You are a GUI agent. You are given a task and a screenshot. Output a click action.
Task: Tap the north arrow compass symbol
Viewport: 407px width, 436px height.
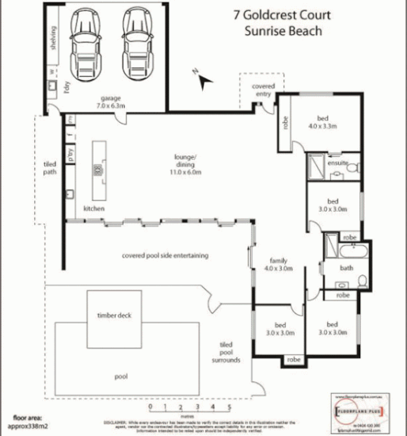(204, 78)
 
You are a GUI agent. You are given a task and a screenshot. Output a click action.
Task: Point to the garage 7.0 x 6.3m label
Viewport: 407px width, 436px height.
(110, 101)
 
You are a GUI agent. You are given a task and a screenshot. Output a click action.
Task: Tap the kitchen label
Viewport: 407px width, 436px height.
(95, 208)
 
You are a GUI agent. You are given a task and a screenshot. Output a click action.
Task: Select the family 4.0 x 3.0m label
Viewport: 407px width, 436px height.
(280, 264)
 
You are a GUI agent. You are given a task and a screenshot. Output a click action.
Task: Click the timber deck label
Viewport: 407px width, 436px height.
(114, 316)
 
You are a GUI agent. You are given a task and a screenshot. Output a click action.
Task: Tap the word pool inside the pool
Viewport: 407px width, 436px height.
(121, 377)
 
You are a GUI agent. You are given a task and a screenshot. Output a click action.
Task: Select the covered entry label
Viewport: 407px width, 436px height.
(263, 90)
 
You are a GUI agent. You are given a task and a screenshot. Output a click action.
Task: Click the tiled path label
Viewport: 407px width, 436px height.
(51, 168)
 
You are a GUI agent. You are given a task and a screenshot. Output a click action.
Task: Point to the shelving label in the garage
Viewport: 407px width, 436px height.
(53, 36)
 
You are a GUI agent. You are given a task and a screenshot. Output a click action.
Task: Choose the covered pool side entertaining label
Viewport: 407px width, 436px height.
(165, 255)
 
